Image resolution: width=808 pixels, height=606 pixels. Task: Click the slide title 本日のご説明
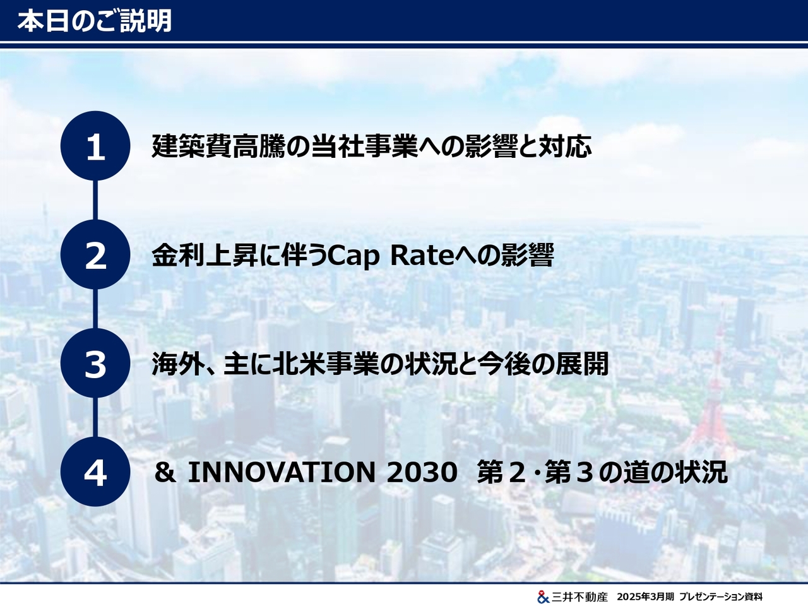click(x=95, y=21)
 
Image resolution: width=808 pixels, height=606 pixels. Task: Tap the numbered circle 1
click(x=95, y=146)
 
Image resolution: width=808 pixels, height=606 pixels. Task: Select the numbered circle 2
click(x=95, y=254)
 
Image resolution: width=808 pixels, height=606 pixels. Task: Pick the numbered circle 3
click(x=95, y=363)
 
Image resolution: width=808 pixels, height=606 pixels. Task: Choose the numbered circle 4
click(x=95, y=472)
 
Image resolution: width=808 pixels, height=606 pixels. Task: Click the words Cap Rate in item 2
click(x=390, y=256)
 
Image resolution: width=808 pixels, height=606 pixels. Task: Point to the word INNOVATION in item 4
click(x=282, y=472)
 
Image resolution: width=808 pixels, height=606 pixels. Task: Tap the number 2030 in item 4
click(x=422, y=472)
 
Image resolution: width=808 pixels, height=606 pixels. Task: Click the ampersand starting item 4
click(x=165, y=472)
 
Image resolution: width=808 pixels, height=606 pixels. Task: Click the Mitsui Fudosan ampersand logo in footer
click(x=543, y=597)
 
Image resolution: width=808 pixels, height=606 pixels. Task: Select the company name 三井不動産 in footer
click(x=579, y=597)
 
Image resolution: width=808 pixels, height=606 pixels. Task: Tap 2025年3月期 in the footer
click(x=645, y=597)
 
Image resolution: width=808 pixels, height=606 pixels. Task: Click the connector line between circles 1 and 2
click(x=95, y=200)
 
